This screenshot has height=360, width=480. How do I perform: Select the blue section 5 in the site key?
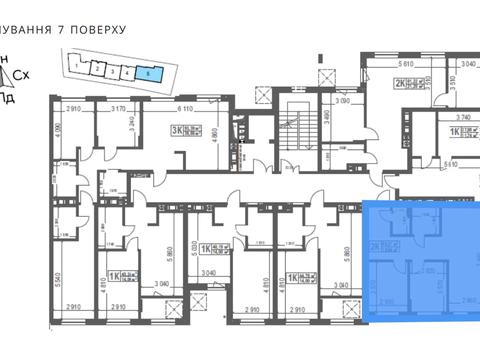tap(148, 72)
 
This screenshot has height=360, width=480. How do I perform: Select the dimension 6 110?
tap(186, 108)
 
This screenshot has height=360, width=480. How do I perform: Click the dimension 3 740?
tap(451, 115)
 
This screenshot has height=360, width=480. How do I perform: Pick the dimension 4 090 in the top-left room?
tap(59, 131)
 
